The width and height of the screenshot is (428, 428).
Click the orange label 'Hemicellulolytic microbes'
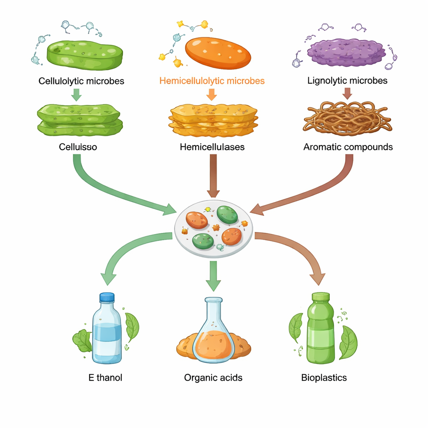click(212, 81)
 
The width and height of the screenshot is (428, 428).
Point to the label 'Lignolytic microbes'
click(347, 80)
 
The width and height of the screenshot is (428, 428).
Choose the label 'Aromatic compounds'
click(348, 147)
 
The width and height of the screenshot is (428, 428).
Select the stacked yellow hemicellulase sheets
click(213, 120)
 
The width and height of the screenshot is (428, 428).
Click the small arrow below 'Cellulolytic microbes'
click(76, 95)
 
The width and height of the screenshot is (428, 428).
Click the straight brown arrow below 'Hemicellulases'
click(213, 176)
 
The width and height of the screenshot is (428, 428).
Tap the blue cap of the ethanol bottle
click(107, 297)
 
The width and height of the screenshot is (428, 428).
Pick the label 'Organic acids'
click(213, 378)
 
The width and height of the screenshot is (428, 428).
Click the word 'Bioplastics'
click(324, 378)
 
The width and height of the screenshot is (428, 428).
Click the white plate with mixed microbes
click(213, 228)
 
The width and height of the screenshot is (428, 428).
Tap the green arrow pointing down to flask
click(213, 276)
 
